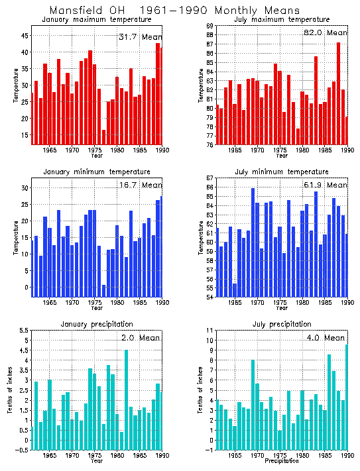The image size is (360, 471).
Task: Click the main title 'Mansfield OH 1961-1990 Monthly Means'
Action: coord(174,11)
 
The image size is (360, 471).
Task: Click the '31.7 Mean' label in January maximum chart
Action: coord(140,36)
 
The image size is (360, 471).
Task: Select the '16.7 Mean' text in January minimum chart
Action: coord(140,185)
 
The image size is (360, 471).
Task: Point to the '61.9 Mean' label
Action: coord(325,185)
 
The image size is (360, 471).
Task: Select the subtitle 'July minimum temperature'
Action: coord(282,172)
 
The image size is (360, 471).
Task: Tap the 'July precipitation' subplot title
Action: coord(282,324)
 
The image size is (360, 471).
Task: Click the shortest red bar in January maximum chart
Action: coord(104,136)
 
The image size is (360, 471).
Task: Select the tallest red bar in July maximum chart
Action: coord(339,93)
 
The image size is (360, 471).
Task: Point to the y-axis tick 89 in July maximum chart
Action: coord(209,26)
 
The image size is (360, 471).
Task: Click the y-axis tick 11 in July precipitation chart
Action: coord(209,331)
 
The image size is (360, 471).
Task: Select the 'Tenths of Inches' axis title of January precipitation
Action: coord(9,391)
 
